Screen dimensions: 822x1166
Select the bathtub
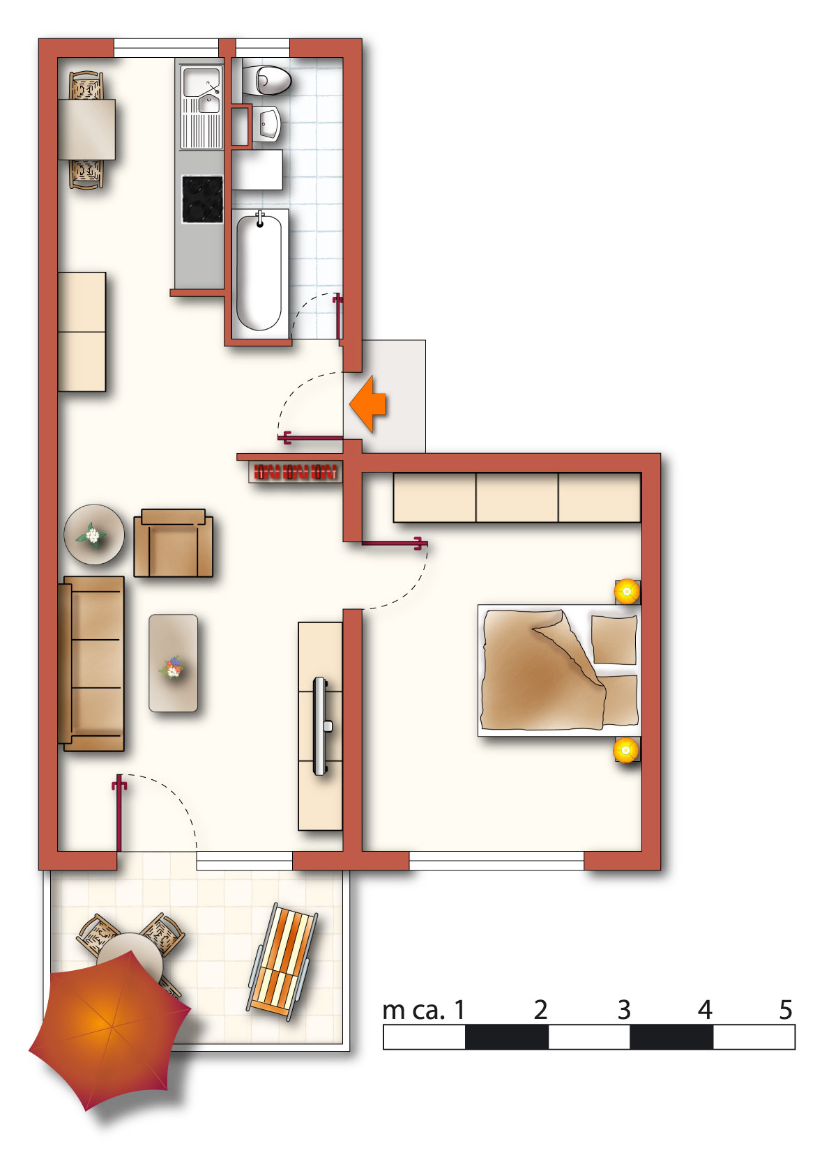(x=259, y=273)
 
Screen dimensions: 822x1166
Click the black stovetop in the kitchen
(x=202, y=199)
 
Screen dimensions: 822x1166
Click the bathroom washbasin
(x=267, y=124)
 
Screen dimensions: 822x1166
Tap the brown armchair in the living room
(x=174, y=543)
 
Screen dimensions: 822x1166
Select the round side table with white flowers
(x=94, y=534)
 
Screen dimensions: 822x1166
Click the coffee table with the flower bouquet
(x=174, y=663)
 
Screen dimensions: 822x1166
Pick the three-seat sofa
(x=91, y=663)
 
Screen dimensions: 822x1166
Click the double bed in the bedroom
(x=559, y=670)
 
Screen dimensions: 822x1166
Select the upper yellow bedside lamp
(x=627, y=591)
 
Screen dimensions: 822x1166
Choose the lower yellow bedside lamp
(x=626, y=750)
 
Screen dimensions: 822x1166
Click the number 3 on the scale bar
(x=624, y=1010)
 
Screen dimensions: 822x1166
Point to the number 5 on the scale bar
(x=786, y=1010)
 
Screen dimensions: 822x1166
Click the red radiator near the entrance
(x=295, y=472)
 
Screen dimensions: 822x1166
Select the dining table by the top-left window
(x=86, y=130)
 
